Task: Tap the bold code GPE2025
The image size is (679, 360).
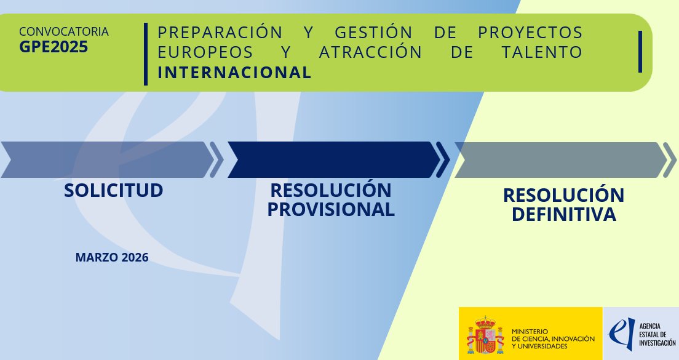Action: [54, 47]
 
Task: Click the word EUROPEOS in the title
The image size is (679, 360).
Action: [202, 52]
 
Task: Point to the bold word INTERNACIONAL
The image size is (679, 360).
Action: [234, 73]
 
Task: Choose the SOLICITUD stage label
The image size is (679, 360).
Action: [114, 190]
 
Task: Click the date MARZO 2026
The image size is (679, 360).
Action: [112, 257]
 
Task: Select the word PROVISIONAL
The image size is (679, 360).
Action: [331, 209]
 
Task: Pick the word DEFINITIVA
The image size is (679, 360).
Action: [563, 214]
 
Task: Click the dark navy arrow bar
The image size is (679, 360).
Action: [332, 159]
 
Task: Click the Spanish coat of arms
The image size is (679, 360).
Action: [484, 335]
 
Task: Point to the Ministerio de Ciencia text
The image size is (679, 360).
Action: [552, 338]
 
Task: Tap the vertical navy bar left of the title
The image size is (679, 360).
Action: [146, 54]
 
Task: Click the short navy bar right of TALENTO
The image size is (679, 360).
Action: [640, 51]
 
